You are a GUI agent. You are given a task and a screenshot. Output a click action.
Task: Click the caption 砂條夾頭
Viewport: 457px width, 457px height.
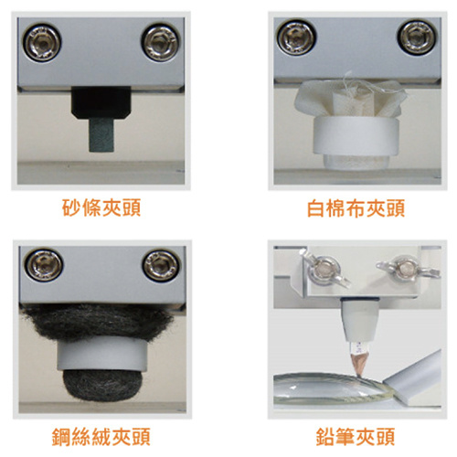pos(101,208)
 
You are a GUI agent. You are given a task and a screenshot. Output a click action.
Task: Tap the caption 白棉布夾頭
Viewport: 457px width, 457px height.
pos(356,208)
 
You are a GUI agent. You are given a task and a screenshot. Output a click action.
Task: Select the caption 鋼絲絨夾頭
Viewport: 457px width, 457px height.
pos(101,437)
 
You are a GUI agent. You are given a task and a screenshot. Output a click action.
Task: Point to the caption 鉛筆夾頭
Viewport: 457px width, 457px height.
pos(356,437)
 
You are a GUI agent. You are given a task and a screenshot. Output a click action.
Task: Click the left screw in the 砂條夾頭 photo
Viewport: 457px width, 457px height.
pos(42,42)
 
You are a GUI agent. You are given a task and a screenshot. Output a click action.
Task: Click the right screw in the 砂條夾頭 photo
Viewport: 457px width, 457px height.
pos(161,43)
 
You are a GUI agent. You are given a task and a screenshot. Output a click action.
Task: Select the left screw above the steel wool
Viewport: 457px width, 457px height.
pos(44,265)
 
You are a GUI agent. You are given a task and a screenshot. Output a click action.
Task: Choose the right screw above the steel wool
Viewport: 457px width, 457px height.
pos(161,265)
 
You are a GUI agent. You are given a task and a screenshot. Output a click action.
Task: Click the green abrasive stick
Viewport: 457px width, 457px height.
pos(101,135)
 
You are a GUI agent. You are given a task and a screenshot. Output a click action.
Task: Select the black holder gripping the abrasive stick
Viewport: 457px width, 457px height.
pos(101,102)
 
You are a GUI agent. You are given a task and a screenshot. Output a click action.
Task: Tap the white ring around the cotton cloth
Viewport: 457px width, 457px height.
pos(356,136)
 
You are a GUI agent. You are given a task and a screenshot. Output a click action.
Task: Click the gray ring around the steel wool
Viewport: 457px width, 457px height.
pos(102,354)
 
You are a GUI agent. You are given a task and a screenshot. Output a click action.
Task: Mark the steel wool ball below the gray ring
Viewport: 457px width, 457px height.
pos(102,385)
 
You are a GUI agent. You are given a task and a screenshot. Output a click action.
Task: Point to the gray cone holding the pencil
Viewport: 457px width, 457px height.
pos(359,319)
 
